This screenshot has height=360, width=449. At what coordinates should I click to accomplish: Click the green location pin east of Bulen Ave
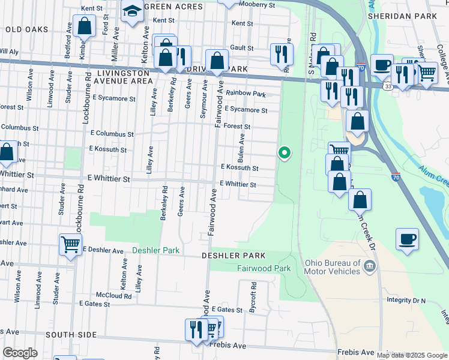click(285, 154)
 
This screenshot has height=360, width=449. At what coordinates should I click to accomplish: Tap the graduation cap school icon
click(131, 11)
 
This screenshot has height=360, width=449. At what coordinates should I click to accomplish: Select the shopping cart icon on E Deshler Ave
click(71, 245)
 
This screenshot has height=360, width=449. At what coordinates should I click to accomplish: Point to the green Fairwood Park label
click(264, 268)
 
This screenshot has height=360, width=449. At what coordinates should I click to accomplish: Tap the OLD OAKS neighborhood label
click(26, 29)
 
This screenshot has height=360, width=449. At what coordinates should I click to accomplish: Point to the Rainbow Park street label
click(246, 94)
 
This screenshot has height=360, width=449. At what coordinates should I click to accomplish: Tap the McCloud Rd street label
click(114, 295)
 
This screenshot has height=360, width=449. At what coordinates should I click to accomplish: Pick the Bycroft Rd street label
click(253, 299)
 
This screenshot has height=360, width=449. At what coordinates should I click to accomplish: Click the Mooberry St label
click(256, 5)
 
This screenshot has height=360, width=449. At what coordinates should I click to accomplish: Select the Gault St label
click(241, 48)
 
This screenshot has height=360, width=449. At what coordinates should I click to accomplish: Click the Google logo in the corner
click(20, 353)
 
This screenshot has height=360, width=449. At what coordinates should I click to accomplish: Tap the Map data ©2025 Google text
click(412, 355)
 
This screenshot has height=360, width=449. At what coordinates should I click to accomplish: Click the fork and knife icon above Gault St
click(281, 55)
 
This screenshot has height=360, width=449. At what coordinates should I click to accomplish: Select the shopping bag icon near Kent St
click(85, 26)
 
